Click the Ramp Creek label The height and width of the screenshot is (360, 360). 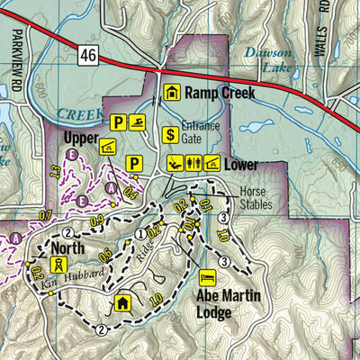[x=221, y=92]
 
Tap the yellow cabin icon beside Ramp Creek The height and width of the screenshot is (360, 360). [x=172, y=92]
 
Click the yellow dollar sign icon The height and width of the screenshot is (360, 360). [x=168, y=136]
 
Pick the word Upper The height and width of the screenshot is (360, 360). [x=80, y=139]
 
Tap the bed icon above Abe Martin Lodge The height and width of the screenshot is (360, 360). [x=206, y=276]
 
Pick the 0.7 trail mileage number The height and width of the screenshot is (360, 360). [x=47, y=213]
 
